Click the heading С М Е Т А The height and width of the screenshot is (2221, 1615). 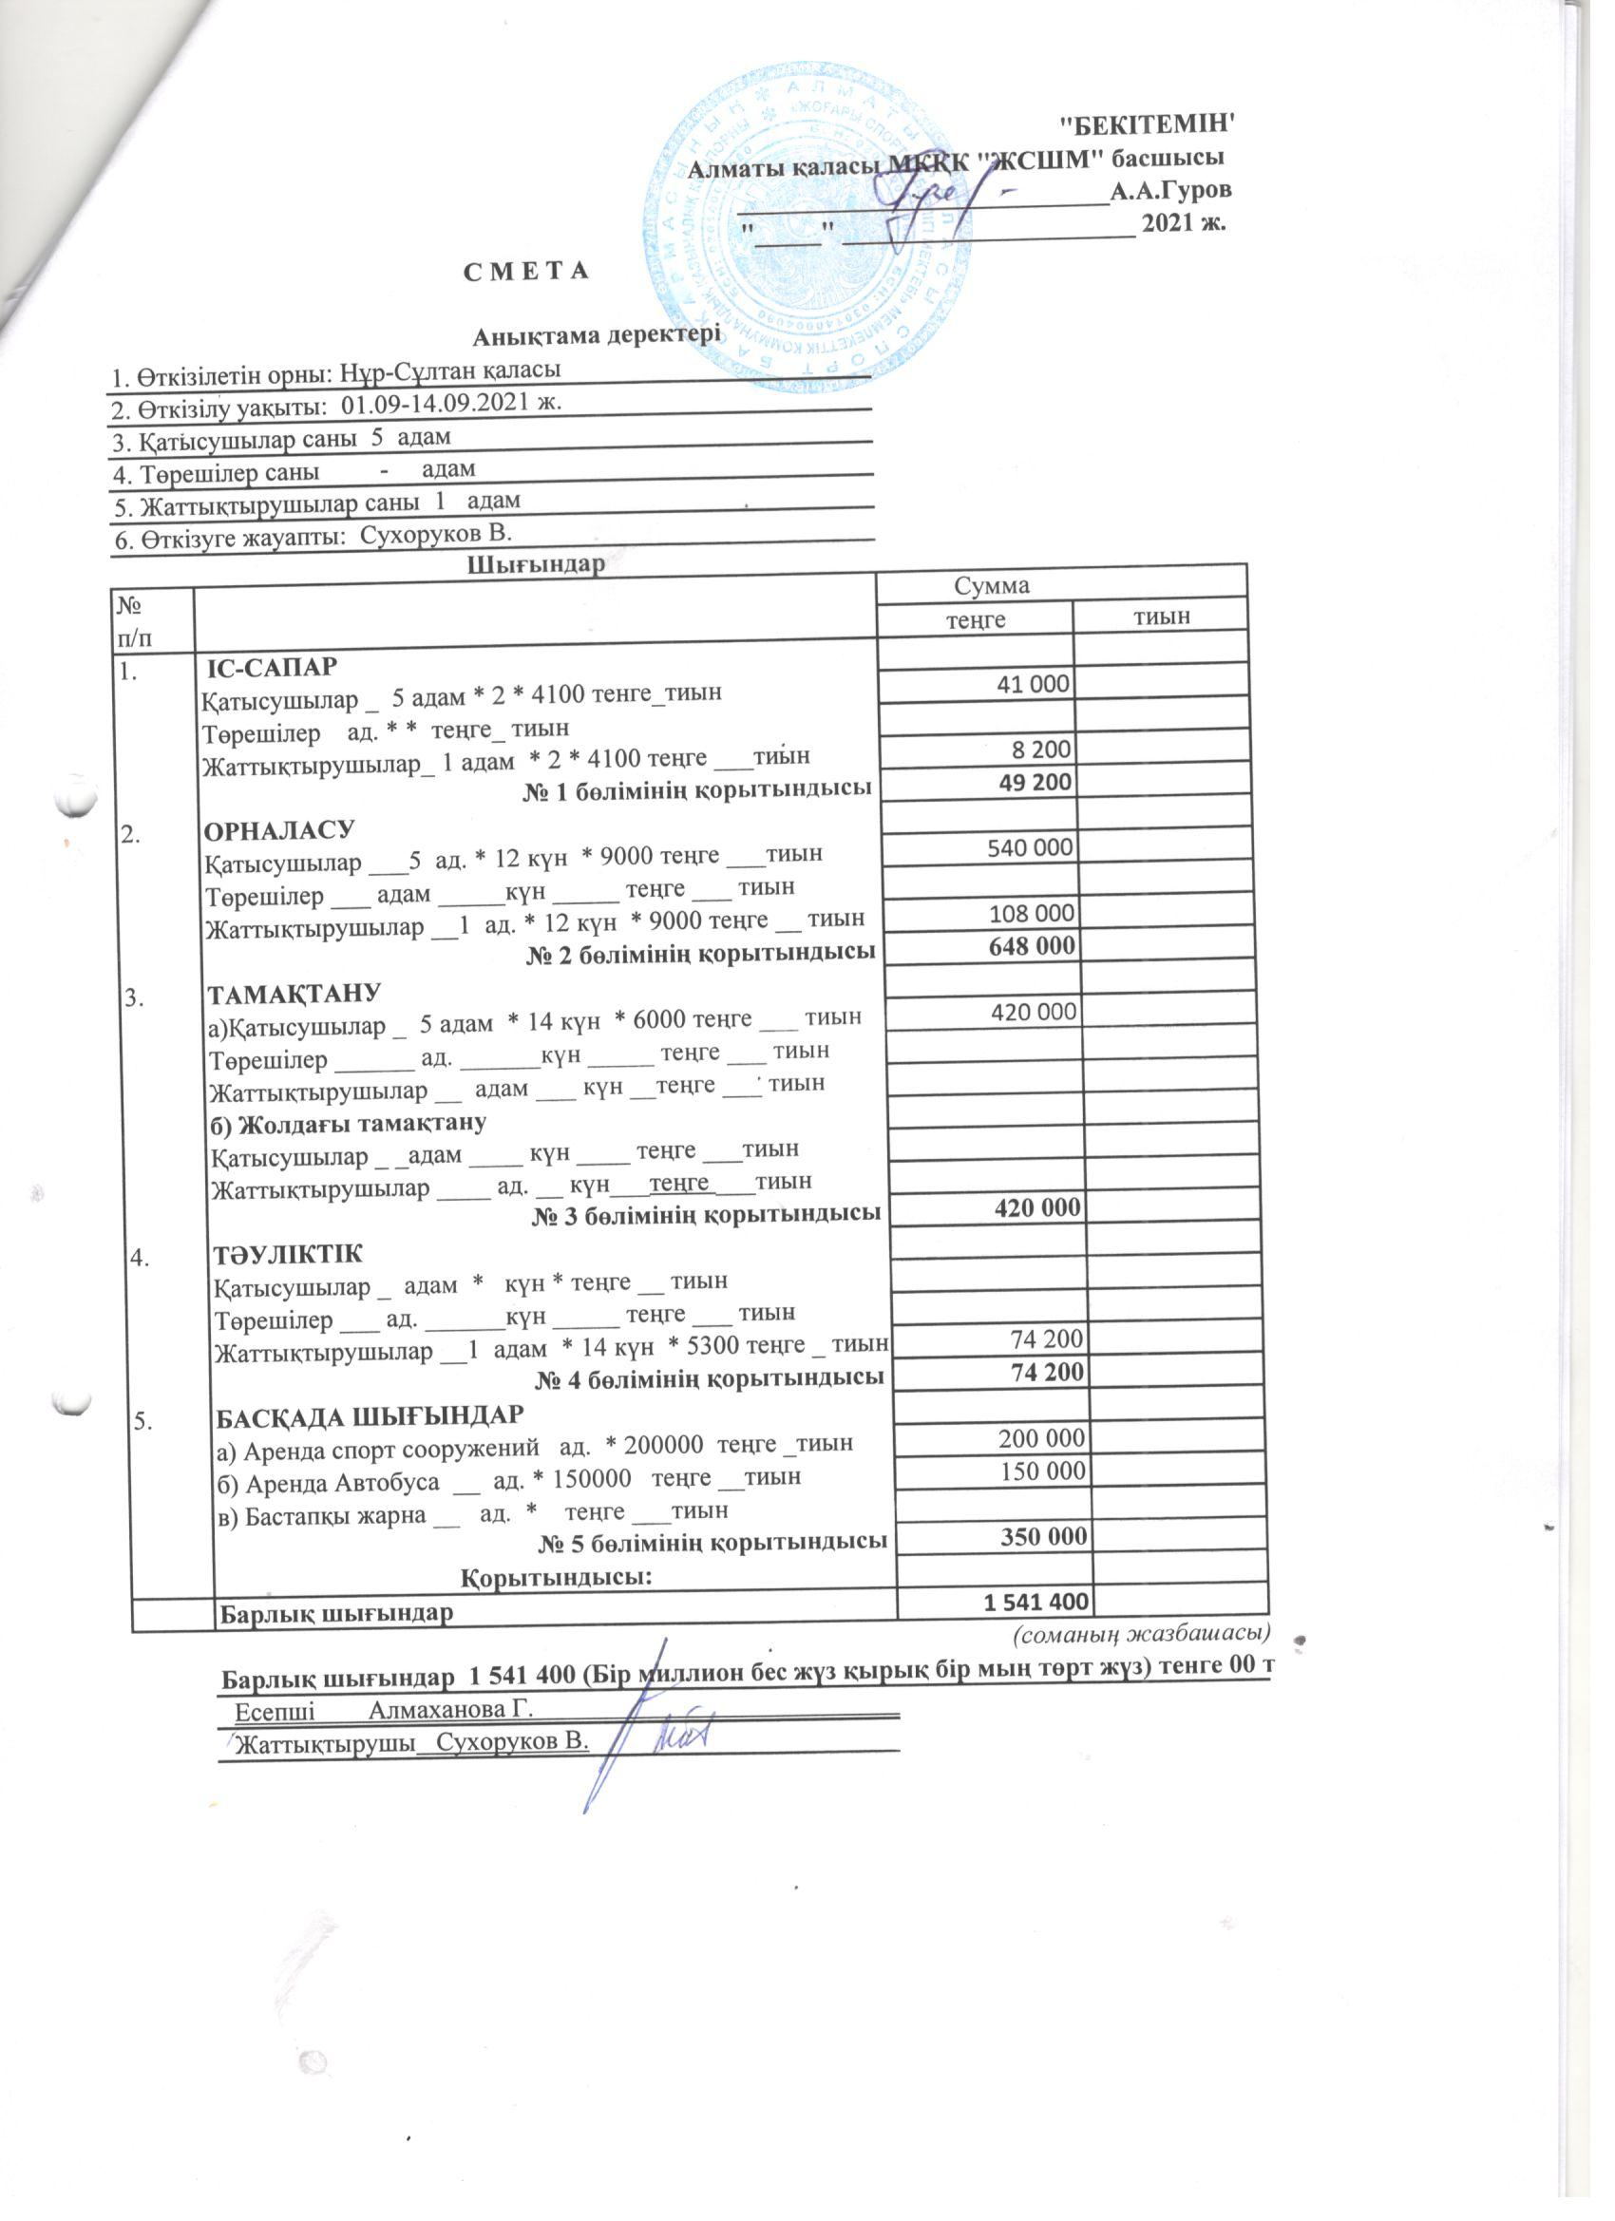click(526, 271)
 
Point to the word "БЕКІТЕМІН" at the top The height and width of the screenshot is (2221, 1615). click(1148, 124)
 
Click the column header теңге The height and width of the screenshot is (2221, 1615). click(975, 620)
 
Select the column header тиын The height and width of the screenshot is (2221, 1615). click(1162, 615)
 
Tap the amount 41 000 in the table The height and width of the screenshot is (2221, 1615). click(1033, 684)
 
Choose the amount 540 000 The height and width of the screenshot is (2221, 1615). click(1031, 847)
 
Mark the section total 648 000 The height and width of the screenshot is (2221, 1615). click(1033, 946)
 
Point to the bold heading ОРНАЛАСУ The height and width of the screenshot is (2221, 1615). click(278, 830)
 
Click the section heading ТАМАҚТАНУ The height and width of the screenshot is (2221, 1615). click(294, 994)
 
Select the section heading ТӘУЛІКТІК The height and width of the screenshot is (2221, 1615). click(288, 1255)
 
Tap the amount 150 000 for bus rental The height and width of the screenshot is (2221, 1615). click(1041, 1471)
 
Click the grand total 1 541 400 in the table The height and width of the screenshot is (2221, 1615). click(1035, 1602)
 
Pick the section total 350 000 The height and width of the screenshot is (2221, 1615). click(1043, 1536)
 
